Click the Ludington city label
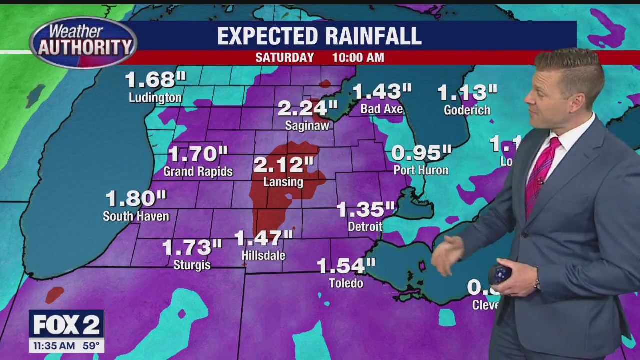coord(155,97)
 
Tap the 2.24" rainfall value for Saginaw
coord(307,108)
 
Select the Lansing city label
coord(283,182)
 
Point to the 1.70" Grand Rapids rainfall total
coord(198,154)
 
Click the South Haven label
coord(136,216)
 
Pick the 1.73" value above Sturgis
coord(192,247)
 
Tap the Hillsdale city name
coord(263,255)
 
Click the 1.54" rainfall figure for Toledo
coord(346,266)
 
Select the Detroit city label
coord(365,226)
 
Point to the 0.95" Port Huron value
coord(421,153)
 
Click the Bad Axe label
coord(382,109)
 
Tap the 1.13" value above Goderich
coord(467,92)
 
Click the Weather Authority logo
coord(83,42)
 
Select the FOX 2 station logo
coord(66,325)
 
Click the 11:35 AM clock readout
coord(54,346)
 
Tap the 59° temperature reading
coord(91,346)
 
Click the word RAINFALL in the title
coord(373,36)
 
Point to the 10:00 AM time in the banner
coord(358,58)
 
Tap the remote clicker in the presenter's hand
coord(499,273)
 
